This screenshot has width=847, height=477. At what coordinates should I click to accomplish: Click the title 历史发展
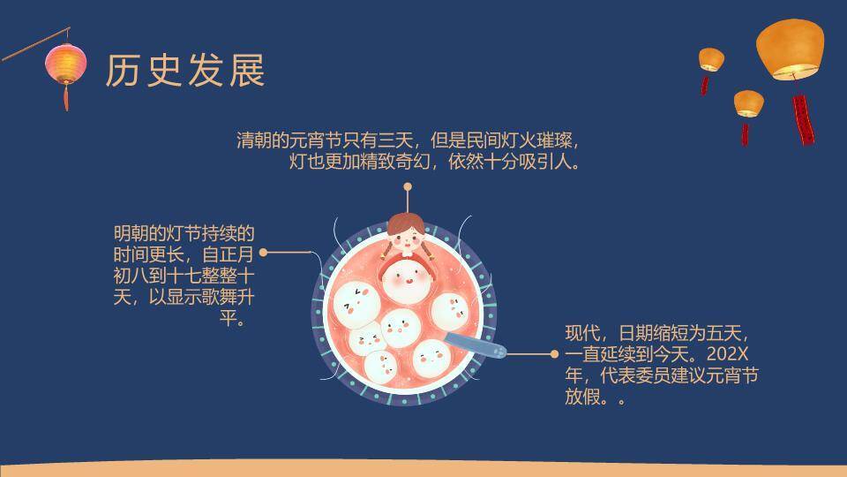185,71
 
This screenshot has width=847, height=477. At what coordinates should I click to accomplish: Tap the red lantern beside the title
67,63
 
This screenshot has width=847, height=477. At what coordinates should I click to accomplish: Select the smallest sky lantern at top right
711,59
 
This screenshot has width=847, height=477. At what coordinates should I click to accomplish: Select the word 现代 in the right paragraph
582,334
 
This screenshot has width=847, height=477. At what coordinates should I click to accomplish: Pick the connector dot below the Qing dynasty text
408,186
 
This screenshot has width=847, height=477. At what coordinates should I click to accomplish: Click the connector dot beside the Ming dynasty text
263,252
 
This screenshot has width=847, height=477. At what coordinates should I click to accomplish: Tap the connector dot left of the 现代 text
554,354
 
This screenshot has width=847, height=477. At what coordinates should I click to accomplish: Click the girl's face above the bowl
407,234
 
